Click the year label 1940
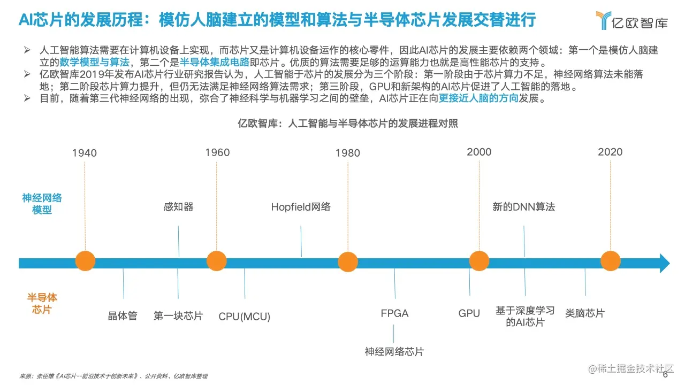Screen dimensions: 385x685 click(85, 153)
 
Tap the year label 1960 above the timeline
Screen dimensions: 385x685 click(217, 152)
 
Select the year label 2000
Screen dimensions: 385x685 click(479, 152)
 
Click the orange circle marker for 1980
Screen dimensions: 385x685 click(348, 262)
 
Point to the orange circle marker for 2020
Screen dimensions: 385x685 click(610, 261)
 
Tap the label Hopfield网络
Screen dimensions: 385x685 click(301, 207)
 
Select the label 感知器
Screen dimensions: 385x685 click(178, 206)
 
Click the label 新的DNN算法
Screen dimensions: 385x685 click(523, 206)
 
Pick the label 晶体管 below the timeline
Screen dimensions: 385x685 click(123, 315)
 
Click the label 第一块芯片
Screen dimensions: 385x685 click(178, 315)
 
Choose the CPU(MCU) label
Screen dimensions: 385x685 click(245, 317)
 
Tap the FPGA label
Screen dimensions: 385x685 click(394, 313)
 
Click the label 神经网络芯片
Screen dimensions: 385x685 click(394, 351)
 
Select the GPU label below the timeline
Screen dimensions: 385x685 click(469, 313)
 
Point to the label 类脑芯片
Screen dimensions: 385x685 click(585, 313)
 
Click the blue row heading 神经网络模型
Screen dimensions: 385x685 click(42, 204)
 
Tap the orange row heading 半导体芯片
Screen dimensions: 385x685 click(42, 303)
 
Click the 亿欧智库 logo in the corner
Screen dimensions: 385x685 click(631, 20)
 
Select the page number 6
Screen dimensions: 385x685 click(665, 375)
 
